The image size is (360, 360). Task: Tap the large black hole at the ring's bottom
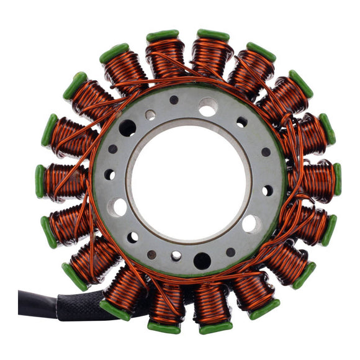point(202,261)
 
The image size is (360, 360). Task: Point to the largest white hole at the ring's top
point(209,107)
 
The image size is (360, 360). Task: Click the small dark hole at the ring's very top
point(174,100)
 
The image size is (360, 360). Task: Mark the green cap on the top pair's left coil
point(163,35)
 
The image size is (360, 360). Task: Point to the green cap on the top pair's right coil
point(213,35)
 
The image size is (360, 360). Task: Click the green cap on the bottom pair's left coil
point(164,326)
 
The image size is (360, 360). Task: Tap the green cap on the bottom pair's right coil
point(215,326)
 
